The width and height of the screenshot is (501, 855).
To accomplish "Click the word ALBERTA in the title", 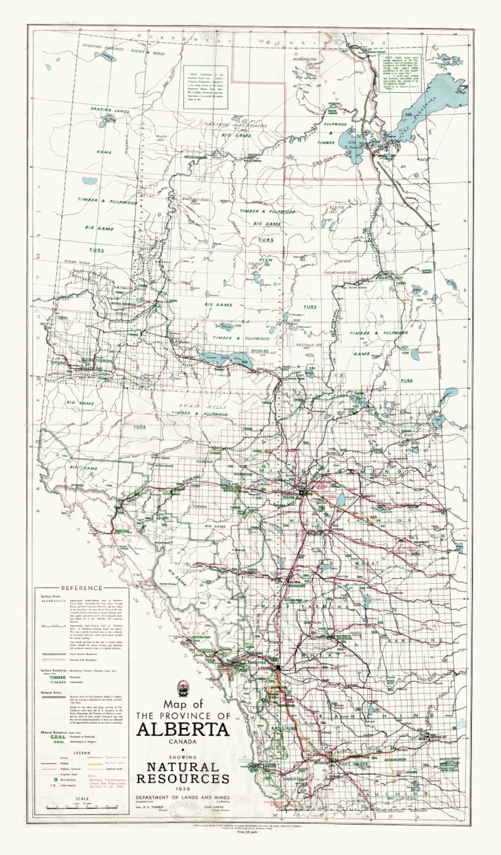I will [x=183, y=729].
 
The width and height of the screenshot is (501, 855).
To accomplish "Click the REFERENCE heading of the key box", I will [x=81, y=588].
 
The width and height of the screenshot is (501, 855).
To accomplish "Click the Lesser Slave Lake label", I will [x=225, y=359].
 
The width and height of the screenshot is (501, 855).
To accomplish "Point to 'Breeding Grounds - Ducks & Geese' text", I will [x=123, y=50].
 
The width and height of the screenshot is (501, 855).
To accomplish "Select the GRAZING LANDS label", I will [x=110, y=111].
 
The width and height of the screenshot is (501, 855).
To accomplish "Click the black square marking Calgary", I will [x=278, y=667].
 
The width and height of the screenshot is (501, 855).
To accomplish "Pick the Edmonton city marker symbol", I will [x=301, y=492].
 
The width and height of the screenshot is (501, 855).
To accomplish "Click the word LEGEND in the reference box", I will [x=82, y=753].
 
